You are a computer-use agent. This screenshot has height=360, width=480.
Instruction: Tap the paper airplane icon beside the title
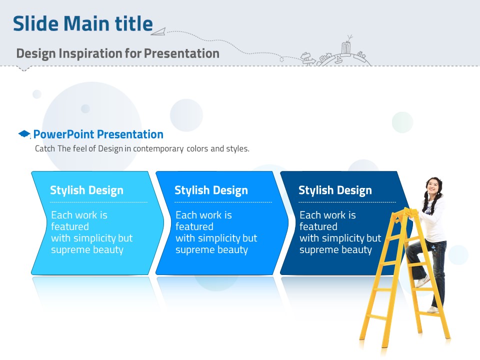[158, 31]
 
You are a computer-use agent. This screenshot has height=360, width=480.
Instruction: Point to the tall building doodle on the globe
[346, 48]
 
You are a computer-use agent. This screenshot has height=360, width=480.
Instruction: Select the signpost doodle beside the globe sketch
[307, 58]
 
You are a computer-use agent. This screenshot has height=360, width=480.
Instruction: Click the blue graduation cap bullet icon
[24, 134]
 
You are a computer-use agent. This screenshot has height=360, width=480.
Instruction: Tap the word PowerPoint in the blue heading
[63, 134]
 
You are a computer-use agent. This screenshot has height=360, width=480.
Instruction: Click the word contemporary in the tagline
[158, 149]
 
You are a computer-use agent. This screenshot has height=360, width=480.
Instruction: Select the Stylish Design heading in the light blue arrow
[86, 190]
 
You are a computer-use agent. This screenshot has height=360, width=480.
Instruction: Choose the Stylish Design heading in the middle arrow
[211, 190]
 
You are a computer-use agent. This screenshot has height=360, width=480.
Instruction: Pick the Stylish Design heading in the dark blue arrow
[335, 190]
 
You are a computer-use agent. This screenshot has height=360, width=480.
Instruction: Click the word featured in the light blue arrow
[70, 226]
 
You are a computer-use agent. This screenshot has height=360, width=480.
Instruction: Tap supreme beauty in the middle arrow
[211, 250]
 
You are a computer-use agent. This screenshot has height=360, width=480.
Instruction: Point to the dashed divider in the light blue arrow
[98, 202]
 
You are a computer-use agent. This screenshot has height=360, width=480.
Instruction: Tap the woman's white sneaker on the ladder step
[422, 281]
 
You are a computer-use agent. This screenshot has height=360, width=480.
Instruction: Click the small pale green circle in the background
[402, 122]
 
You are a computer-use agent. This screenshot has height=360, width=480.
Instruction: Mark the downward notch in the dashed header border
[24, 68]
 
